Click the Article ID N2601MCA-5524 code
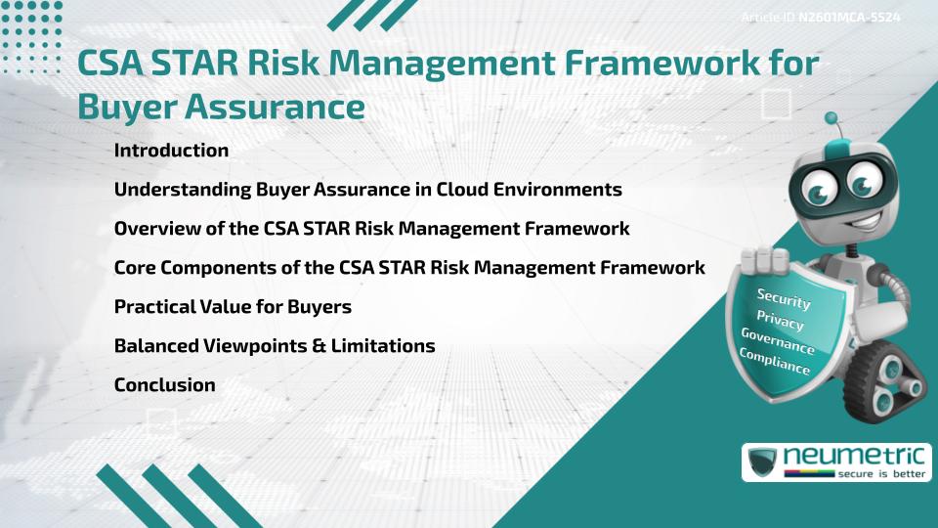click(x=848, y=18)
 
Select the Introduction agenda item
click(x=171, y=151)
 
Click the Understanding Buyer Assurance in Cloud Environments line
click(x=367, y=190)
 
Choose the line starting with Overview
click(x=371, y=229)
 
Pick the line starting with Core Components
click(x=409, y=268)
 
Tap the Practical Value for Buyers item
click(x=233, y=307)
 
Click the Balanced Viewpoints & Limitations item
click(x=275, y=346)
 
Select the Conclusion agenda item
click(x=164, y=385)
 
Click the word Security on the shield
click(x=784, y=300)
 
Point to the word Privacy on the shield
click(x=780, y=320)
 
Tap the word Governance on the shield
click(x=777, y=341)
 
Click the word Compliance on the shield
click(x=774, y=362)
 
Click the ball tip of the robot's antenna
click(x=832, y=119)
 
